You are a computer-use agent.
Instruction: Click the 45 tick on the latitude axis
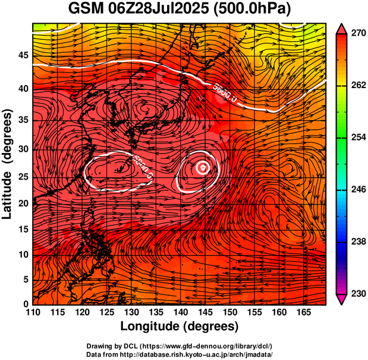tap(23, 55)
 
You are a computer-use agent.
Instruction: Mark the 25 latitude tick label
tap(23, 177)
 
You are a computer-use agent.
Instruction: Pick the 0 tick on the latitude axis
tap(26, 304)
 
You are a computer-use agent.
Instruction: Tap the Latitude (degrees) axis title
tap(8, 164)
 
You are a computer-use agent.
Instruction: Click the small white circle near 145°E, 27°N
tap(203, 168)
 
